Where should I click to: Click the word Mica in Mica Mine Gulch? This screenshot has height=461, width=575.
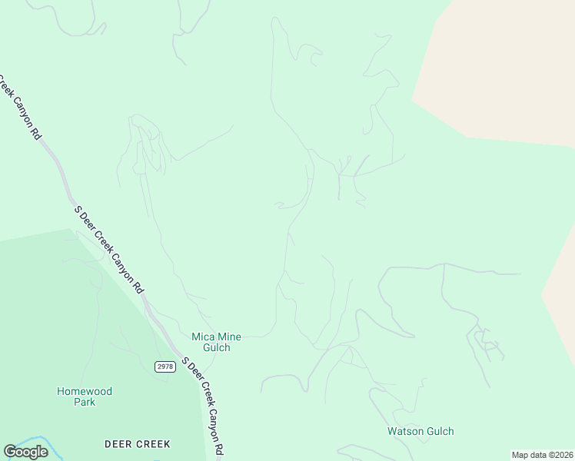coord(203,337)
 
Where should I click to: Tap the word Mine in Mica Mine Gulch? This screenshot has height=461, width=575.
coord(228,337)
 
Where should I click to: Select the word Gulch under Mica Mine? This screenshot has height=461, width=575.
coord(216,347)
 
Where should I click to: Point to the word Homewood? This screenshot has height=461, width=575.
coord(85,391)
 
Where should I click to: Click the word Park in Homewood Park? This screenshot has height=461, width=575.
coord(85,402)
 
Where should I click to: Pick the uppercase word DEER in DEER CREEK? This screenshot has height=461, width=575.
coord(118,444)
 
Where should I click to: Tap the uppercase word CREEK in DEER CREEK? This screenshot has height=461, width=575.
coord(154,444)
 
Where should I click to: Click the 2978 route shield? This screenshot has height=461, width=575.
coord(165,366)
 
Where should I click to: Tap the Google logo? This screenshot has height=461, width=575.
coord(25,452)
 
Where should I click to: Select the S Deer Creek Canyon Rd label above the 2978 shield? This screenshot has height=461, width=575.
coord(108,249)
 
